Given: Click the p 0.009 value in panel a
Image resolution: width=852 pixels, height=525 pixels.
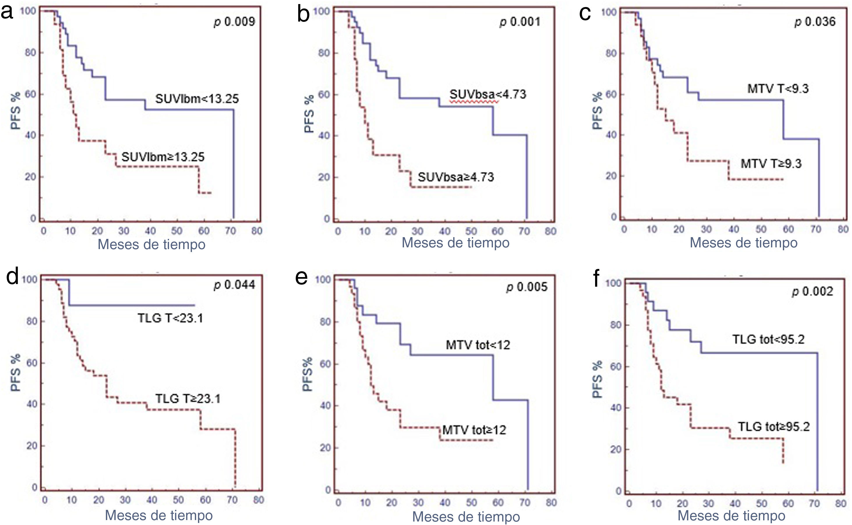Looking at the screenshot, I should tap(234, 22).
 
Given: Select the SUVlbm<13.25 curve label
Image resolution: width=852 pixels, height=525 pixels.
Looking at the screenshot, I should tap(197, 99).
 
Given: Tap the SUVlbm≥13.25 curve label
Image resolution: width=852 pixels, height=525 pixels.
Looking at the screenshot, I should tap(163, 157).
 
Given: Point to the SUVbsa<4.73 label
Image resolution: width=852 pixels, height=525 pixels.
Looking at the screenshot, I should tap(488, 94).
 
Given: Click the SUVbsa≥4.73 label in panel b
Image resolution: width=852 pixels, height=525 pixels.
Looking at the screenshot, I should tap(456, 177).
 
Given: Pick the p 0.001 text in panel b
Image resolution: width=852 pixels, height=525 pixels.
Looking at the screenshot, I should tap(520, 22).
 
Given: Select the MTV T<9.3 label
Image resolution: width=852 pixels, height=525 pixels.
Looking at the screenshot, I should tap(778, 89).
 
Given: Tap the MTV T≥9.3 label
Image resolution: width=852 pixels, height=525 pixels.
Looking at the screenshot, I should tap(771, 163).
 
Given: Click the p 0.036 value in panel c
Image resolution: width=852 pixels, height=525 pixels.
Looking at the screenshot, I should tap(815, 22).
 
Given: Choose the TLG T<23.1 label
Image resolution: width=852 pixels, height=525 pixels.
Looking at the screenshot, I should tap(170, 318).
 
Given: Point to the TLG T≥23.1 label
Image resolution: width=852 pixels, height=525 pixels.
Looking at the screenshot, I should tap(188, 399).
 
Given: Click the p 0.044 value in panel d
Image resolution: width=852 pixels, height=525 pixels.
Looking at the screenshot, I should tap(234, 285).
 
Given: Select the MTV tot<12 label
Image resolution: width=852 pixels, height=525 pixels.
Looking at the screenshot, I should tap(478, 345).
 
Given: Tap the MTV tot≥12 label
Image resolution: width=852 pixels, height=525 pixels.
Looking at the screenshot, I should tap(474, 430).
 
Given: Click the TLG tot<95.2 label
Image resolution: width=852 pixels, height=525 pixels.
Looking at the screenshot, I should tap(768, 339).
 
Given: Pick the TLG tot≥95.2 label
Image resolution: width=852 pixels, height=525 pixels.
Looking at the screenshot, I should tap(774, 427).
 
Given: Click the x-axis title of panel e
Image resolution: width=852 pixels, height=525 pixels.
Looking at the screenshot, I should tap(466, 517).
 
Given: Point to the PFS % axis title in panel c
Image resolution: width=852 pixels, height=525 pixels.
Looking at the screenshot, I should tap(597, 111).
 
